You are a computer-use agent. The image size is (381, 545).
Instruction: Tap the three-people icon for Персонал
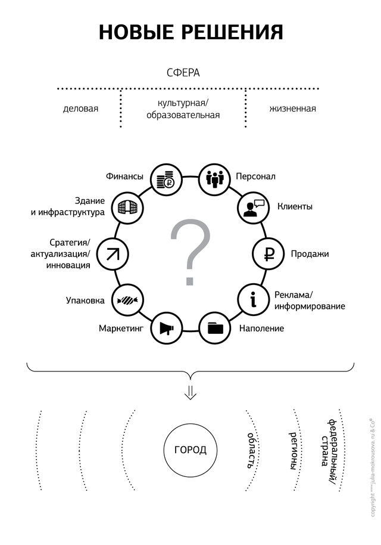[213, 178]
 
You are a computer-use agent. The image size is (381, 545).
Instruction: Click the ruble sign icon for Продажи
[268, 253]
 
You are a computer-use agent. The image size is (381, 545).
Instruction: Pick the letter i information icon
[254, 299]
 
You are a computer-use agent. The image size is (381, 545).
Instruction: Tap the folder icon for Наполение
[214, 328]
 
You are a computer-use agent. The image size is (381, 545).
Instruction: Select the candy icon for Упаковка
[127, 300]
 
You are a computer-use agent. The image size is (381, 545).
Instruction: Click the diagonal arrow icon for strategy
[113, 253]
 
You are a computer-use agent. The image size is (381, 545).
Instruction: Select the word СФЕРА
[183, 73]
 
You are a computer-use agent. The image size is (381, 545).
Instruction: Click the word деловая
[80, 109]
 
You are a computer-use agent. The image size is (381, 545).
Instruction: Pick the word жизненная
[292, 109]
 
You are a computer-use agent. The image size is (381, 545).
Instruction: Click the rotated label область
[252, 448]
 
